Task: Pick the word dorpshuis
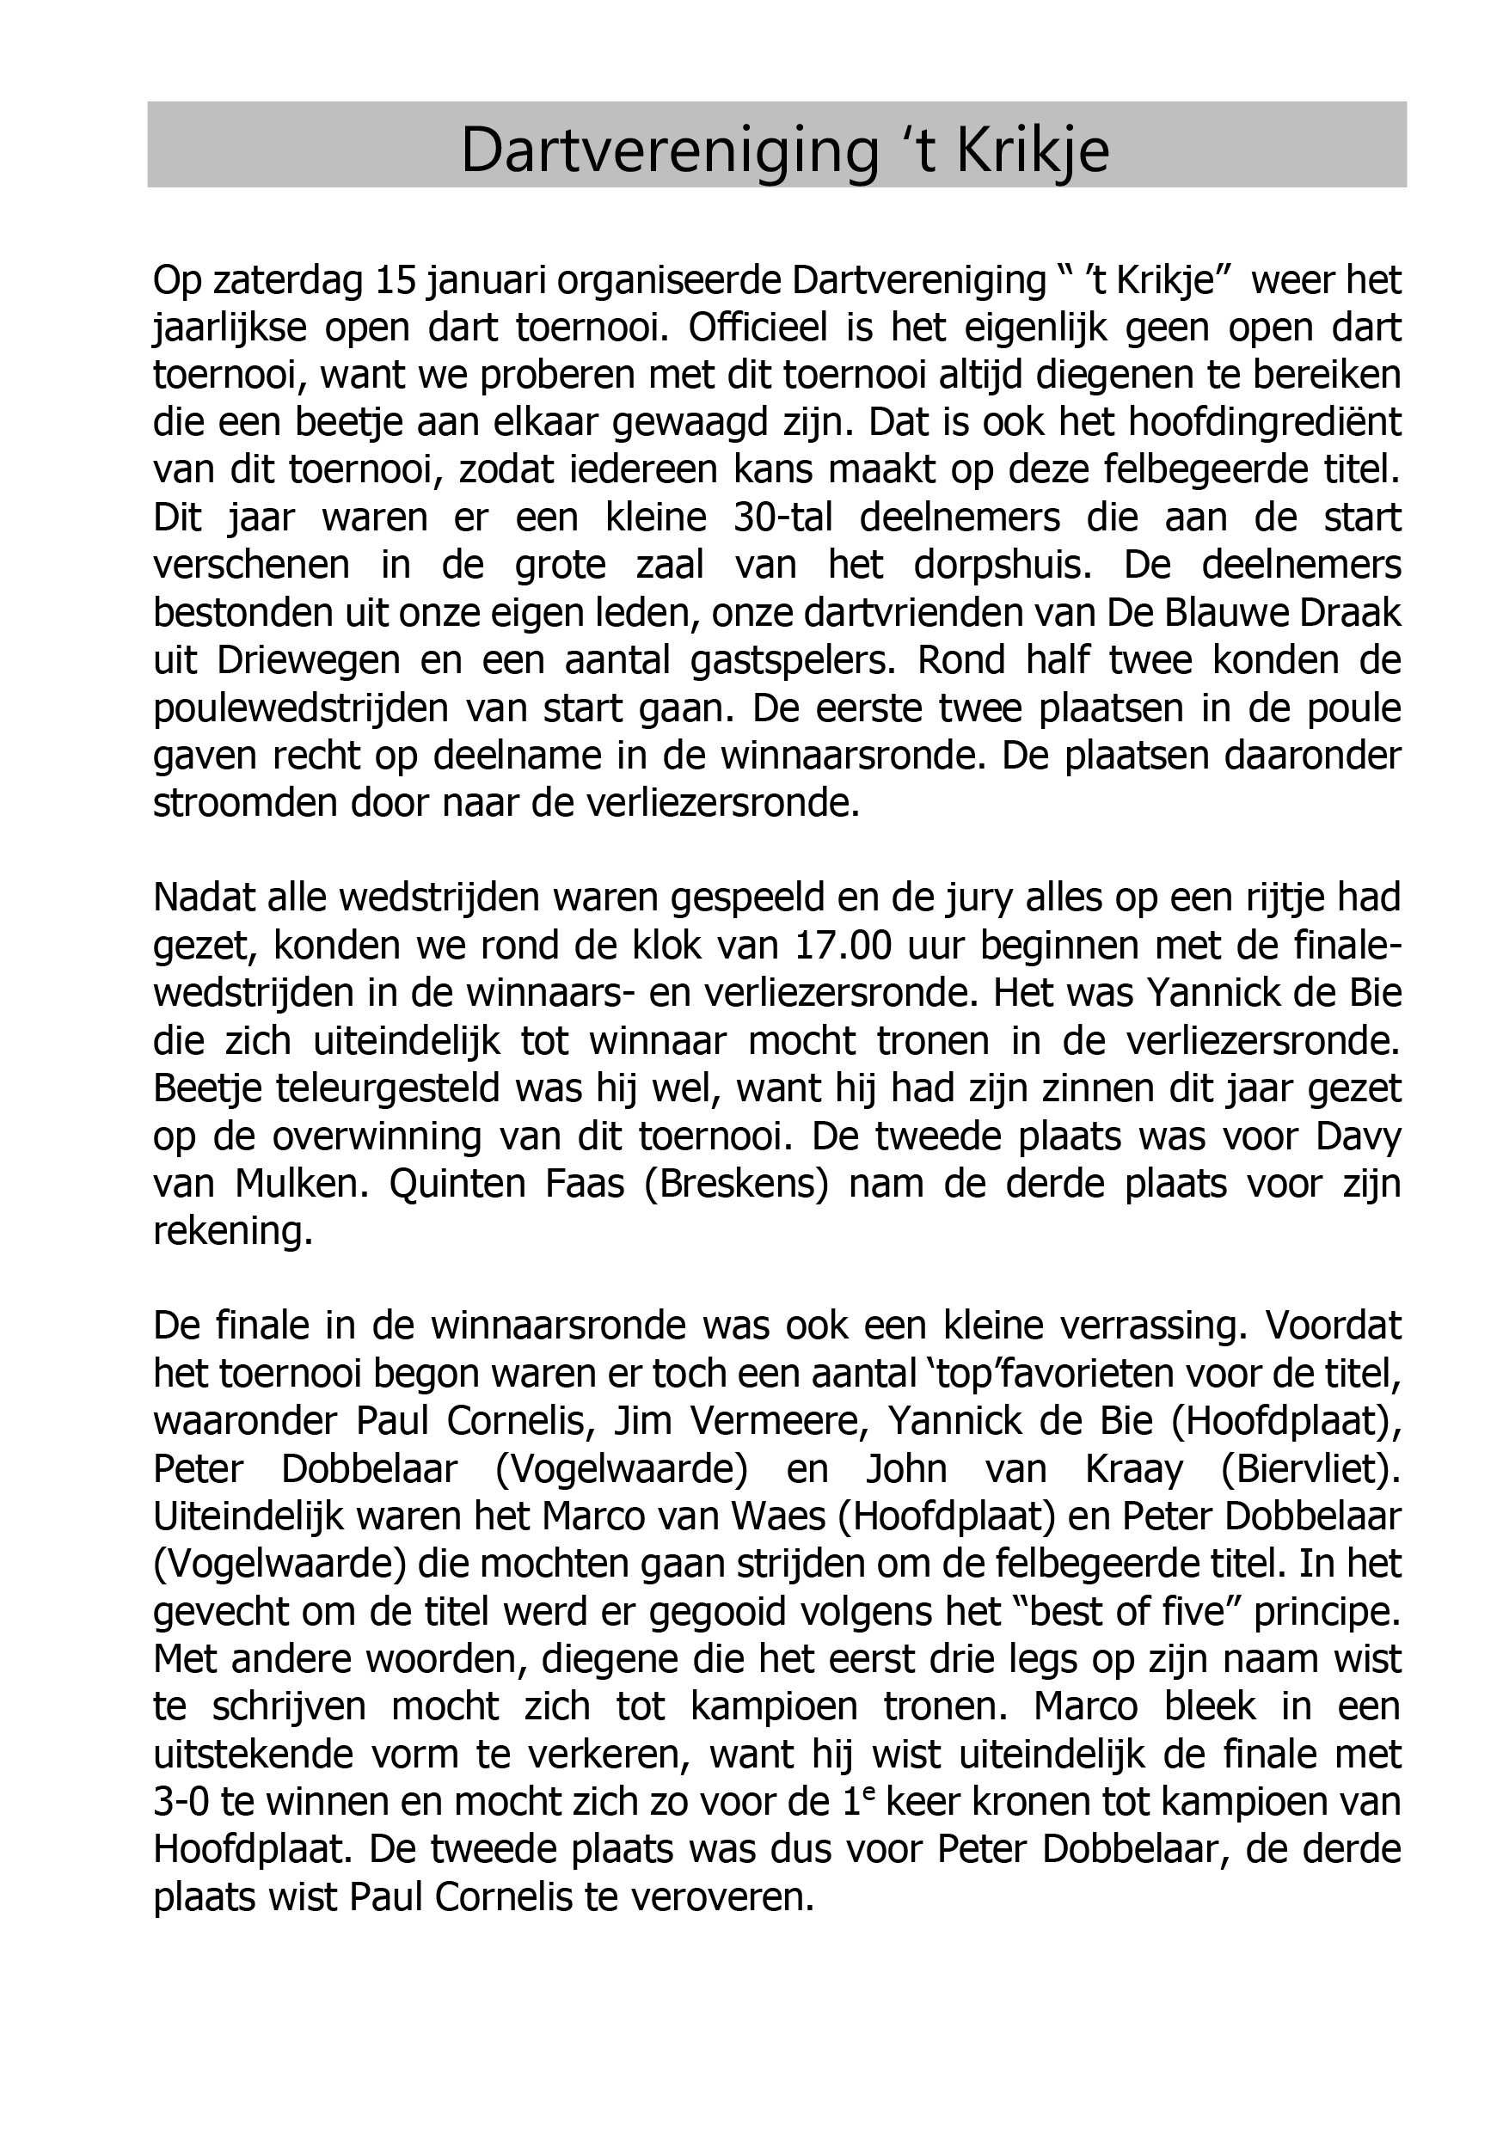1003,565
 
